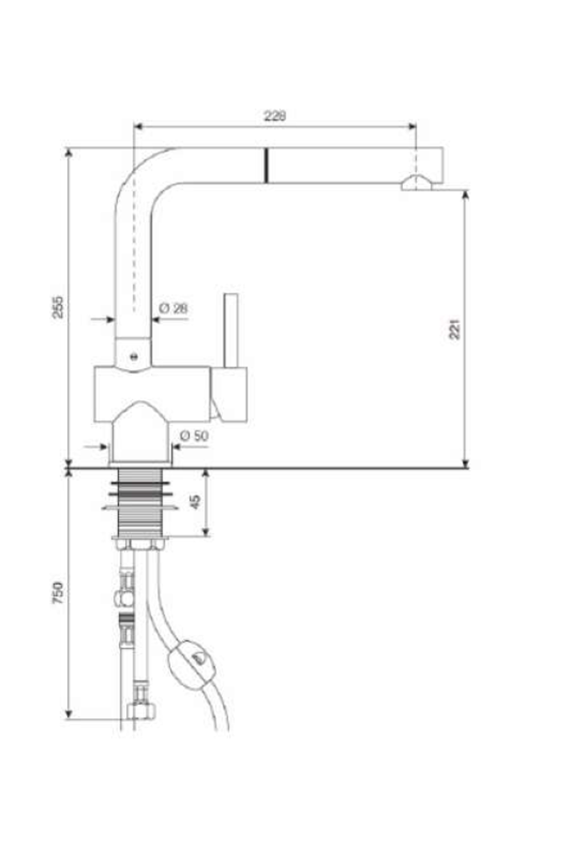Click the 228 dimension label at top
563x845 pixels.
[275, 116]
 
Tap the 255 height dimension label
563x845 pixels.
[59, 307]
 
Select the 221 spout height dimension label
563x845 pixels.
[455, 329]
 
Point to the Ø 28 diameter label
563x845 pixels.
[173, 308]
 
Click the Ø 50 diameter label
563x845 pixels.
[194, 435]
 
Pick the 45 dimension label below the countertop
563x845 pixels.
[195, 501]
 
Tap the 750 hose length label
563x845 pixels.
[59, 593]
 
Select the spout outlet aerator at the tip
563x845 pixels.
[416, 183]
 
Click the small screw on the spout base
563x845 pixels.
[133, 357]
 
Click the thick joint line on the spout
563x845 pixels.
[266, 166]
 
